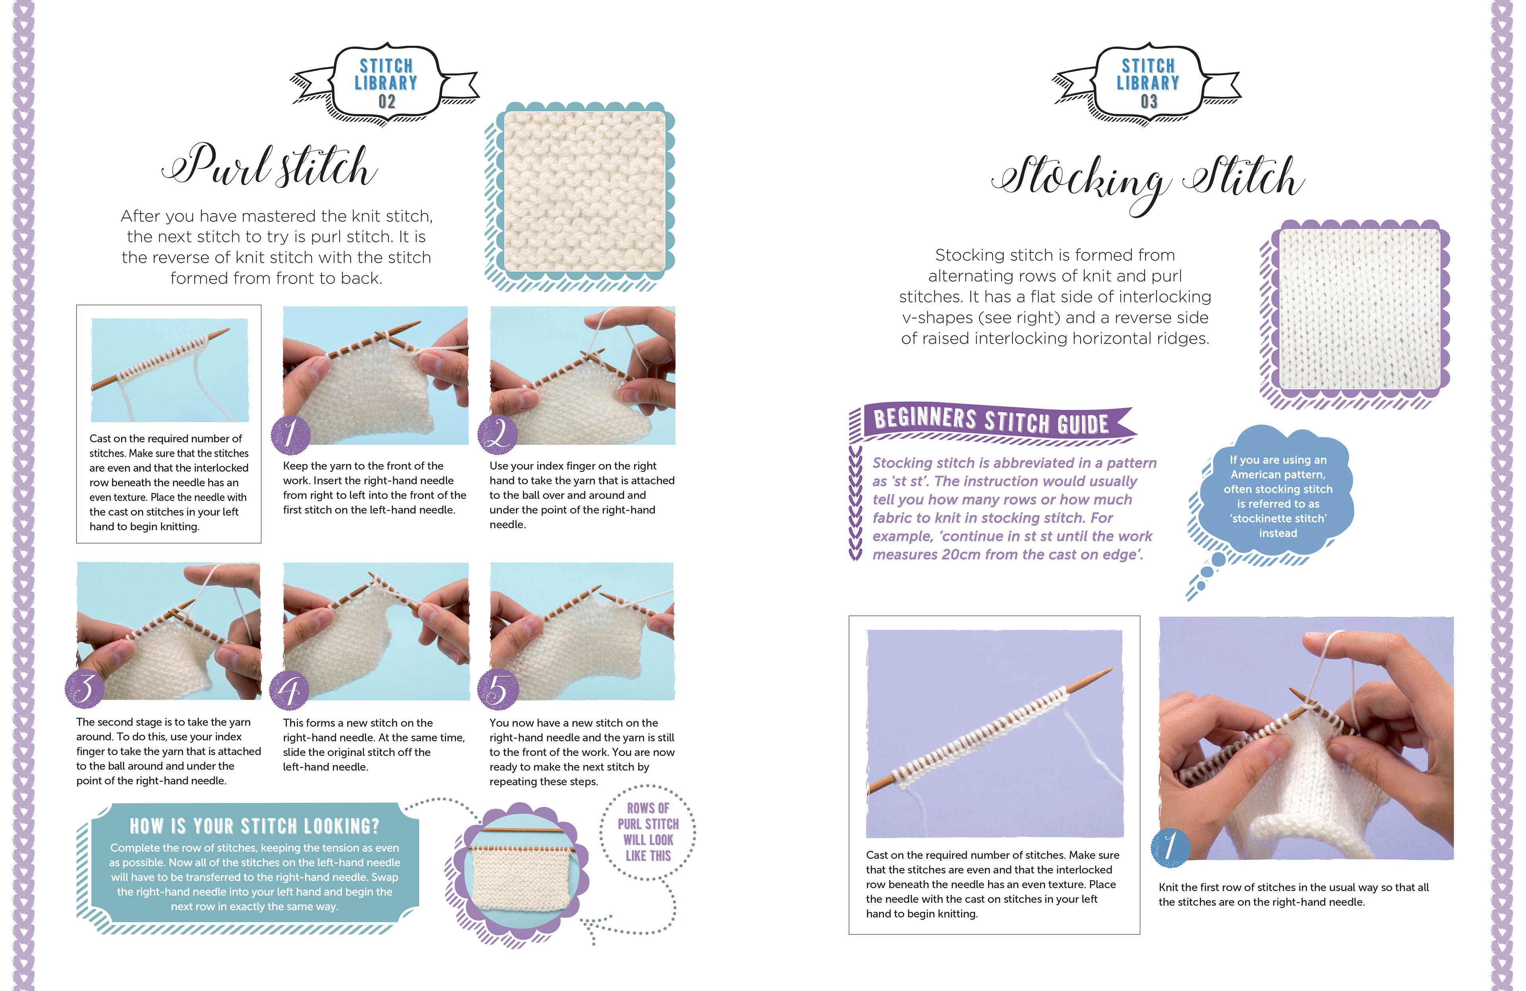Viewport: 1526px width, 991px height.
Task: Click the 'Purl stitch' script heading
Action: pyautogui.click(x=270, y=165)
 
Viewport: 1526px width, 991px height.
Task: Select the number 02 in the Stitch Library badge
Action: pyautogui.click(x=387, y=101)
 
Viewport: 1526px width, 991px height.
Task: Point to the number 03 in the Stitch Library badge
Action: pyautogui.click(x=1149, y=101)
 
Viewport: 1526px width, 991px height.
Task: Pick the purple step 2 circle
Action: pyautogui.click(x=498, y=434)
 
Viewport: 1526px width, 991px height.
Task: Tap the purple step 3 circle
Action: pyautogui.click(x=85, y=689)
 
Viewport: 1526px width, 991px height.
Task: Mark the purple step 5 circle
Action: pyautogui.click(x=498, y=689)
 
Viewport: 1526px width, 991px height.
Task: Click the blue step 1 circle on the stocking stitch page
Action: pyautogui.click(x=1170, y=847)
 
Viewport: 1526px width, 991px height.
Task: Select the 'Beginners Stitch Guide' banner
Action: pyautogui.click(x=993, y=422)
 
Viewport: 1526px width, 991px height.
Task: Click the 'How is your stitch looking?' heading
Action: pyautogui.click(x=255, y=826)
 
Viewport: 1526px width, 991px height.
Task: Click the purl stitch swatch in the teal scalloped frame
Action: pyautogui.click(x=585, y=191)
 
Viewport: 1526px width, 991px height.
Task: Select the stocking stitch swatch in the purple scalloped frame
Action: pyautogui.click(x=1359, y=309)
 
